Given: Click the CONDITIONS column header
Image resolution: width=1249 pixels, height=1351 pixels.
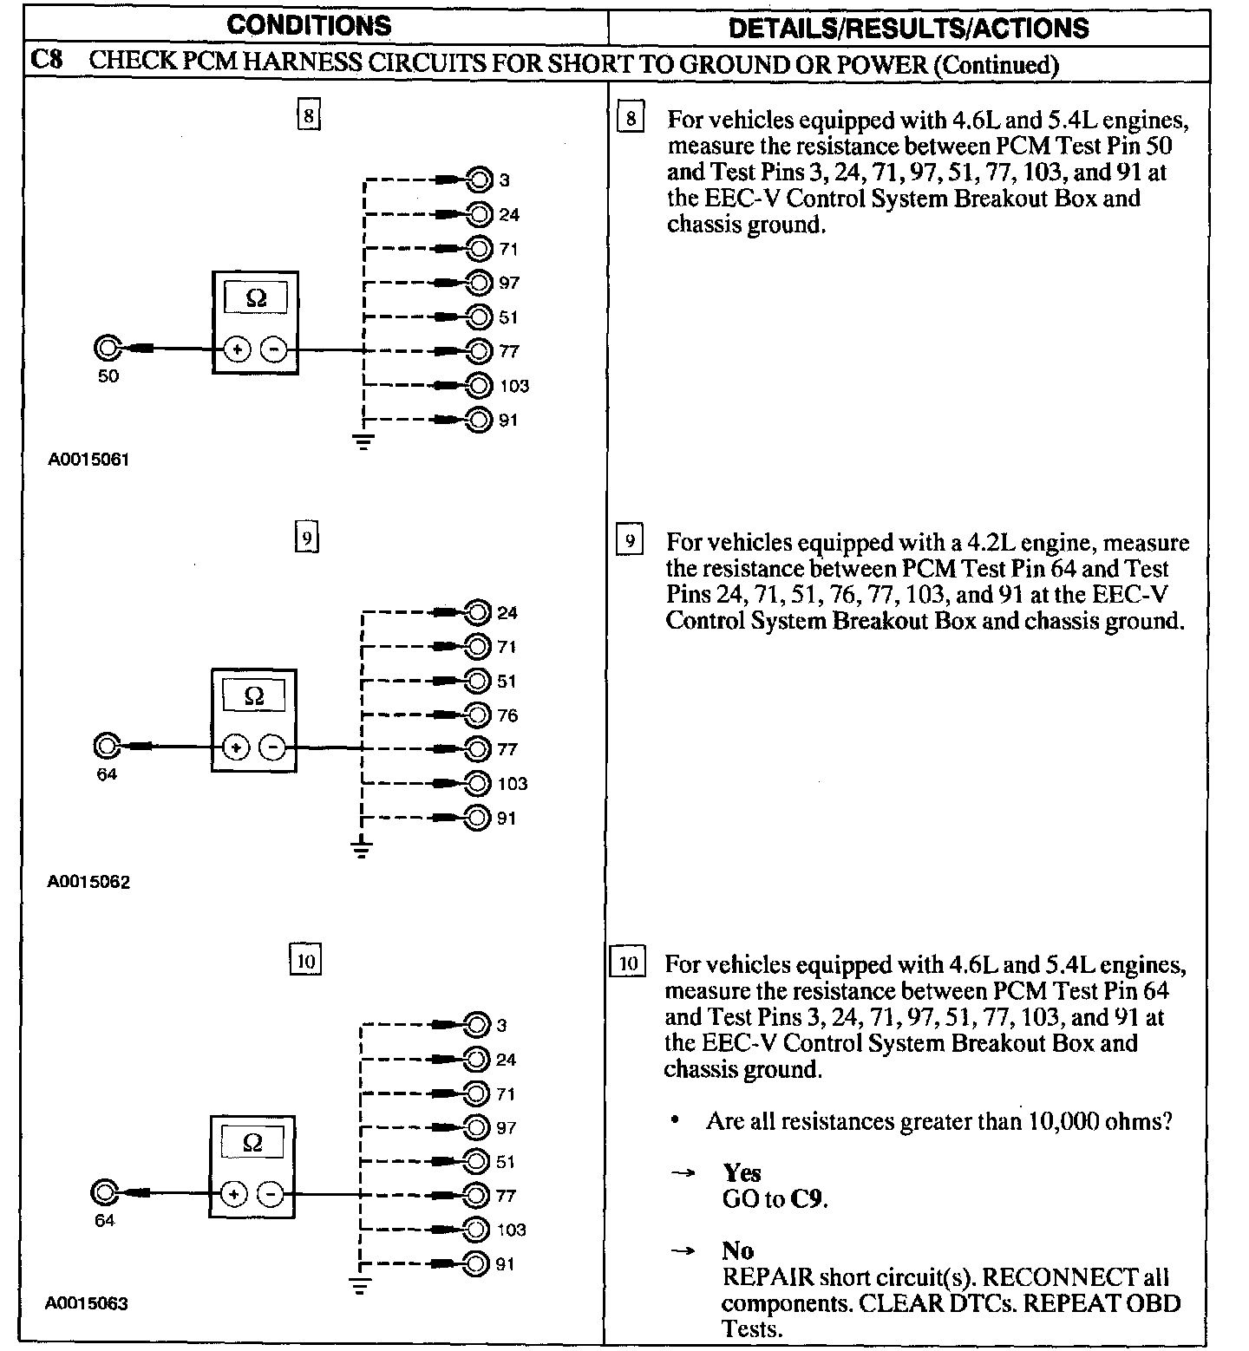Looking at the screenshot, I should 309,25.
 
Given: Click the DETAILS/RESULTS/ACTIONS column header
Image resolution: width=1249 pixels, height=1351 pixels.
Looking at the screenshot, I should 908,28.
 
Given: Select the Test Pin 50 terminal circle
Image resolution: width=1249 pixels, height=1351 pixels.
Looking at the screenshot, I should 107,349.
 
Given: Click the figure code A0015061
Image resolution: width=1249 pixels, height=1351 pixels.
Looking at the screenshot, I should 88,460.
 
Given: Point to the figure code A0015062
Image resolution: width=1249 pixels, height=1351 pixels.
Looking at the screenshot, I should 88,883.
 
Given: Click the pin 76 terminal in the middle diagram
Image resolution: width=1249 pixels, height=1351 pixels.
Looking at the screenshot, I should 477,715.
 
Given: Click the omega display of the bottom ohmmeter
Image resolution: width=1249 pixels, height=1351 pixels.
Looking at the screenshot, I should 253,1143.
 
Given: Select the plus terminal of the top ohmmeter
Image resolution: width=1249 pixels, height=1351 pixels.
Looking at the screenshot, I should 238,349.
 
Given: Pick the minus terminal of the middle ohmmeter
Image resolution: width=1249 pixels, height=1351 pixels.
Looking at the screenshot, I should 273,747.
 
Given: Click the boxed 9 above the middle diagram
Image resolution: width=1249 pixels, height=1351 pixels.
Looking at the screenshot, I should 307,538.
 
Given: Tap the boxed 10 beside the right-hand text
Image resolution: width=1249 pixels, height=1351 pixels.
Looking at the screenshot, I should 629,963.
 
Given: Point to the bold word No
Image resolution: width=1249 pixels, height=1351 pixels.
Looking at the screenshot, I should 737,1250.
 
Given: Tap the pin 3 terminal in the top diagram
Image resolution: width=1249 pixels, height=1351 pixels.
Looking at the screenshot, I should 479,179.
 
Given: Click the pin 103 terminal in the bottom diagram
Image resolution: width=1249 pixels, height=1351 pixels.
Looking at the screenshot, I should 475,1229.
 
